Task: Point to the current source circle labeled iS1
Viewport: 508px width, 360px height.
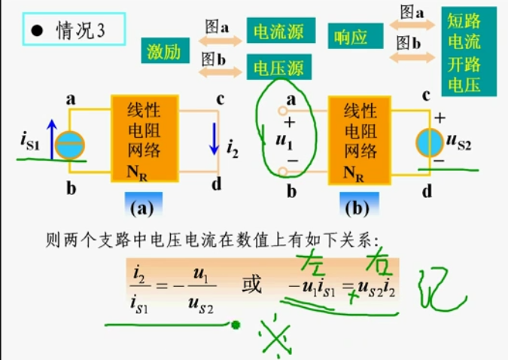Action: coord(70,145)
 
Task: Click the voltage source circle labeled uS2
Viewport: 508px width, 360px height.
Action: coord(430,141)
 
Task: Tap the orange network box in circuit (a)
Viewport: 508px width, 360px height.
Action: coord(144,140)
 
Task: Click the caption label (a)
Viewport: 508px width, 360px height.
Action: coord(143,205)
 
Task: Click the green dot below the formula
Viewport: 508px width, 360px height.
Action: coord(236,325)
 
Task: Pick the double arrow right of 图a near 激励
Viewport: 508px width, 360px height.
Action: coord(221,41)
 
